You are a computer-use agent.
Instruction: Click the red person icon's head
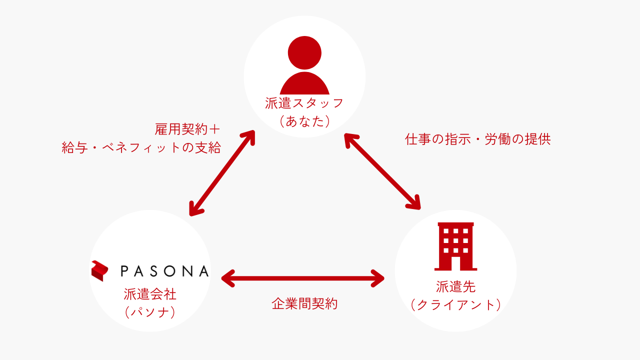pos(304,52)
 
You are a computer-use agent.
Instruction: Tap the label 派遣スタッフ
pos(304,103)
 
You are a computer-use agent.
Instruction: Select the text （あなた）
pos(304,121)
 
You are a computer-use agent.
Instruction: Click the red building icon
pos(455,246)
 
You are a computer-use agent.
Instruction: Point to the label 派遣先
pos(455,286)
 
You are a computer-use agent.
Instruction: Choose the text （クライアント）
pos(455,305)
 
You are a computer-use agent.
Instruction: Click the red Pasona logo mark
pos(100,270)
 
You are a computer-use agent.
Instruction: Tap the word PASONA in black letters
pos(164,271)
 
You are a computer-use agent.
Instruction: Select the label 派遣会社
pos(150,294)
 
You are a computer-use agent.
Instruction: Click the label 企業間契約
pos(304,303)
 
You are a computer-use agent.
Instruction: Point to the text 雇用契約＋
pos(187,129)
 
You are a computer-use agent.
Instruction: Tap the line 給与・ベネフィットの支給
pos(141,148)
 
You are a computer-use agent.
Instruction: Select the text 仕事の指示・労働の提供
pos(477,139)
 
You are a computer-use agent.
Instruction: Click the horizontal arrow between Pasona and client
pos(303,278)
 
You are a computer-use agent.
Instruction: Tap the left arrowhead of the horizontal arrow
pos(228,278)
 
